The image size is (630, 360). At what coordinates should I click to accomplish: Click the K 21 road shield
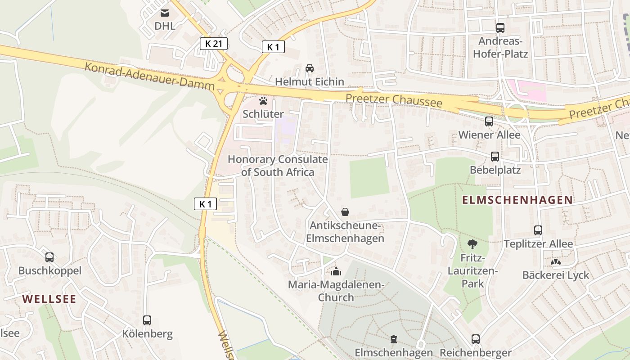pyautogui.click(x=214, y=44)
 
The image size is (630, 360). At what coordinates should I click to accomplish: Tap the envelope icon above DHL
pyautogui.click(x=165, y=13)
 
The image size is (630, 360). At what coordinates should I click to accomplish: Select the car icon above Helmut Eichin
pyautogui.click(x=310, y=68)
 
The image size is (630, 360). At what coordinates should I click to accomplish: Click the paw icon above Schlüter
pyautogui.click(x=263, y=101)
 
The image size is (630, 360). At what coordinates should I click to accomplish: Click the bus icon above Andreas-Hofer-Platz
pyautogui.click(x=500, y=28)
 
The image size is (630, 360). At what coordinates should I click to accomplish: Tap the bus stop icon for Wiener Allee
pyautogui.click(x=489, y=121)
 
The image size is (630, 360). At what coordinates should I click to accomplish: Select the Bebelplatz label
pyautogui.click(x=495, y=170)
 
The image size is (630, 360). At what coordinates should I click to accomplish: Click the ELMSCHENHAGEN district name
pyautogui.click(x=517, y=200)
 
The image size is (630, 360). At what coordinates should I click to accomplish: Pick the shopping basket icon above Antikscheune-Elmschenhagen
pyautogui.click(x=345, y=211)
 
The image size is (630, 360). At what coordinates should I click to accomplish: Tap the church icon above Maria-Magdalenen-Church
pyautogui.click(x=336, y=271)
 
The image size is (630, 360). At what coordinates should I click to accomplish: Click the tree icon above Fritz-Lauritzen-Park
pyautogui.click(x=472, y=244)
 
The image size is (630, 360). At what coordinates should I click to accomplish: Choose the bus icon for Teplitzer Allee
pyautogui.click(x=538, y=230)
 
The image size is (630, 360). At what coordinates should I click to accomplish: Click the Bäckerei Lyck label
pyautogui.click(x=555, y=275)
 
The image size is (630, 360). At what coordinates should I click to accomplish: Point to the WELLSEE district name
pyautogui.click(x=49, y=299)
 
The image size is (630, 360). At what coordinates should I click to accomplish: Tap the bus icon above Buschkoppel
pyautogui.click(x=49, y=257)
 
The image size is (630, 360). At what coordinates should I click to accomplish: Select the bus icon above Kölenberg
pyautogui.click(x=147, y=320)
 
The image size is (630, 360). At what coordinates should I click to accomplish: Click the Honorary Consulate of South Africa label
pyautogui.click(x=278, y=166)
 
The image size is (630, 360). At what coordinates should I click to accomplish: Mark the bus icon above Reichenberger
pyautogui.click(x=476, y=339)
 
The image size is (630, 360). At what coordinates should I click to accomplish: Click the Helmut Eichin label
pyautogui.click(x=309, y=82)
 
